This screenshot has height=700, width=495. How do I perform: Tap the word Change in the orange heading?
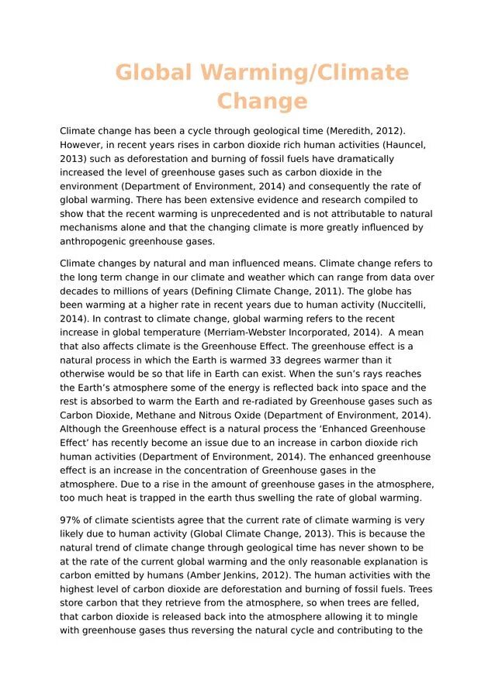pyautogui.click(x=262, y=102)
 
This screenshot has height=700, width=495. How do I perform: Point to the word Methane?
pyautogui.click(x=150, y=416)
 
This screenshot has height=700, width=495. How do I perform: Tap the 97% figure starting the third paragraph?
pyautogui.click(x=71, y=520)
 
